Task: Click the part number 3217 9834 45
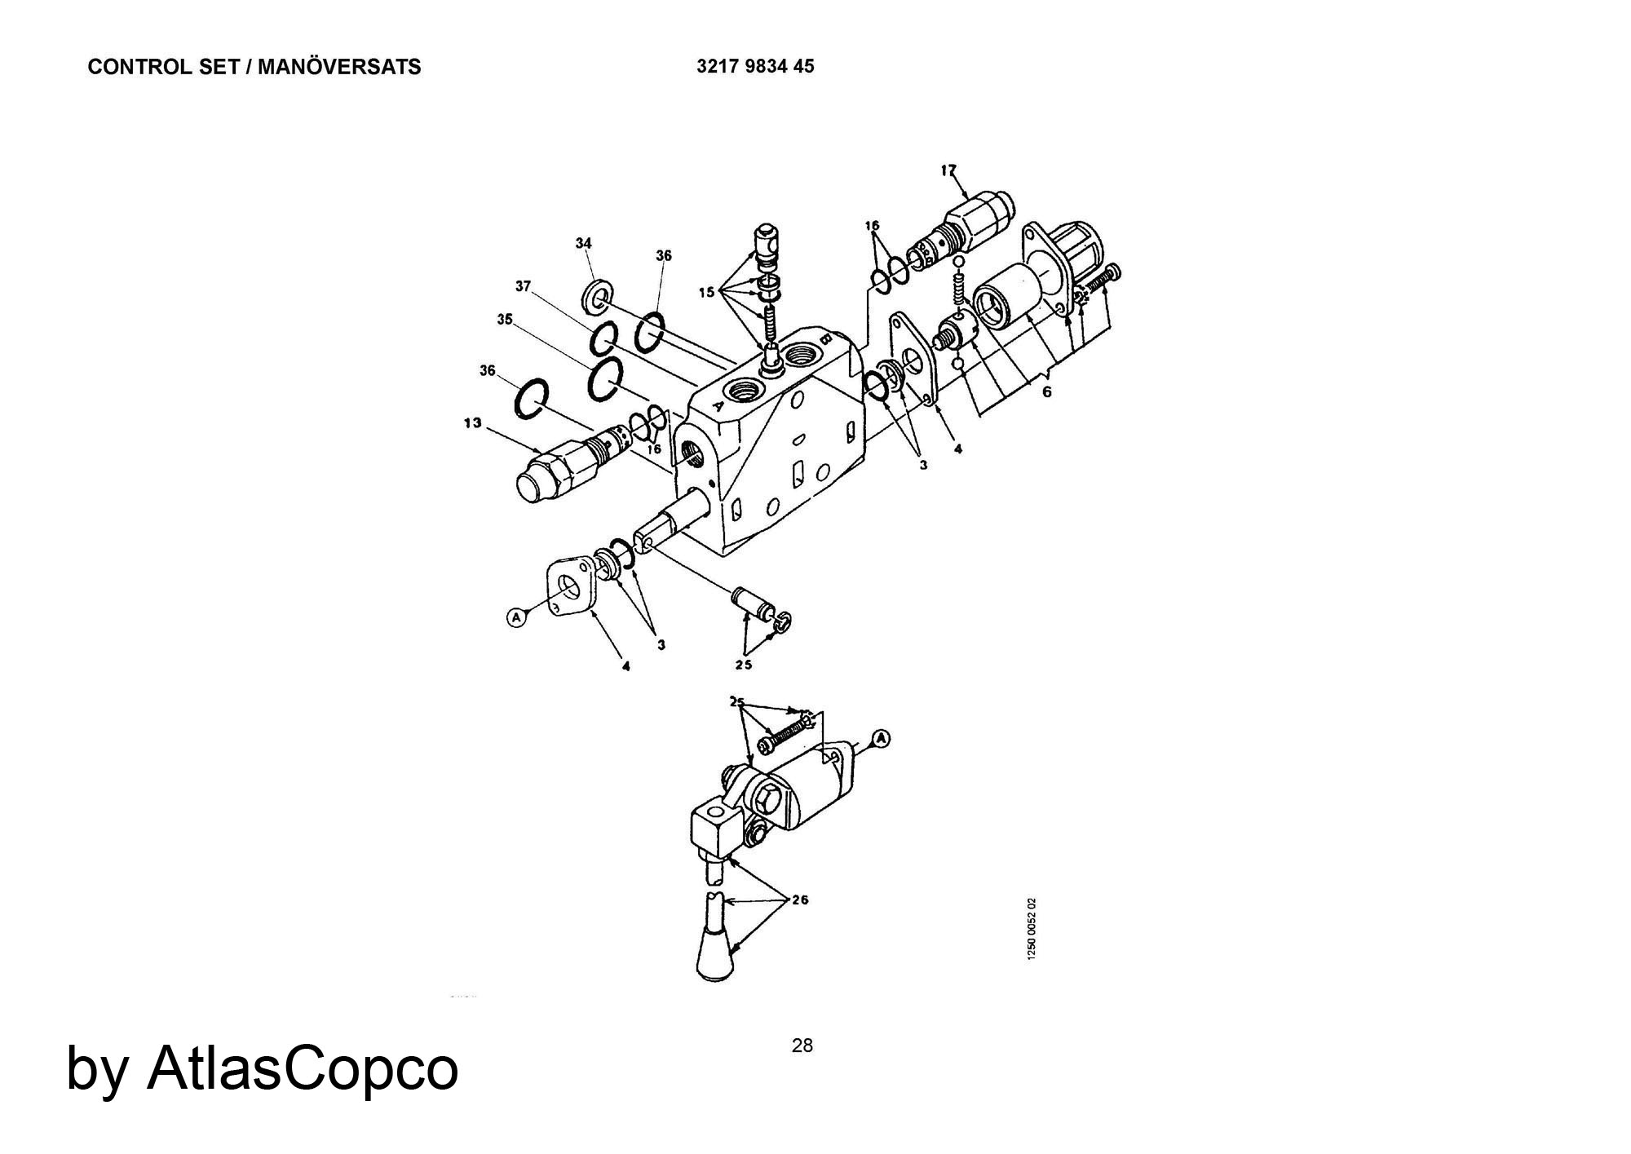coord(755,67)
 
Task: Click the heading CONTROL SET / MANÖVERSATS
coord(254,67)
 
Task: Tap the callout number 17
coord(948,170)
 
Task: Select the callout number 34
coord(583,243)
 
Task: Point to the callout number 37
coord(523,286)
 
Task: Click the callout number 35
coord(505,320)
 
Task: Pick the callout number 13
coord(472,422)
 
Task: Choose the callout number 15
coord(706,291)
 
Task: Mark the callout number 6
coord(1047,392)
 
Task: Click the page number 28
coord(802,1046)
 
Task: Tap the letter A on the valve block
coord(717,403)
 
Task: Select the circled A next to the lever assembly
coord(881,739)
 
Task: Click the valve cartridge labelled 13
coord(572,462)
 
